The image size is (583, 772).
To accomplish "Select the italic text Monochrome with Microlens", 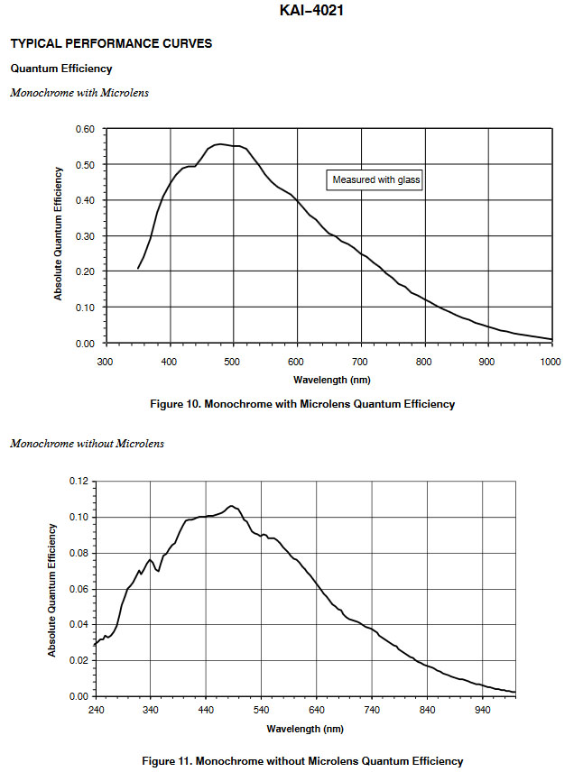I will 79,93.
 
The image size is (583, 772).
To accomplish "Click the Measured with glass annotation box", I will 376,179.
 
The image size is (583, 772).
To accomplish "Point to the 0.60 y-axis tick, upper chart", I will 84,129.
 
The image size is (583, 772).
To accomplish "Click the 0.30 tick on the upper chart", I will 84,236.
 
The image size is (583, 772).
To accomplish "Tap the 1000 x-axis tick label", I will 551,362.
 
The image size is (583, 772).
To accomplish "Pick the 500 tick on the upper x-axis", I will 233,362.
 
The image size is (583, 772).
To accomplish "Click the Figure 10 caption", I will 302,404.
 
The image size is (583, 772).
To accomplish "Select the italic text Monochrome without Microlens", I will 87,443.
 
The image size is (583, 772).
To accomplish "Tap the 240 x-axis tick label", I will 96,710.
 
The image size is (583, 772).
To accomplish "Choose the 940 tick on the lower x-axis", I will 482,710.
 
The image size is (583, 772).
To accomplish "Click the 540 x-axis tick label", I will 262,710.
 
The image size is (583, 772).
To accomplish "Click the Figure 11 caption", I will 302,761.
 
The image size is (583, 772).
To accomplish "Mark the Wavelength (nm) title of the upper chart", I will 327,381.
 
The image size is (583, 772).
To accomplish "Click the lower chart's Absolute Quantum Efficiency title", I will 53,589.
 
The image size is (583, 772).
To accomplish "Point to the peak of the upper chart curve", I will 219,143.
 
